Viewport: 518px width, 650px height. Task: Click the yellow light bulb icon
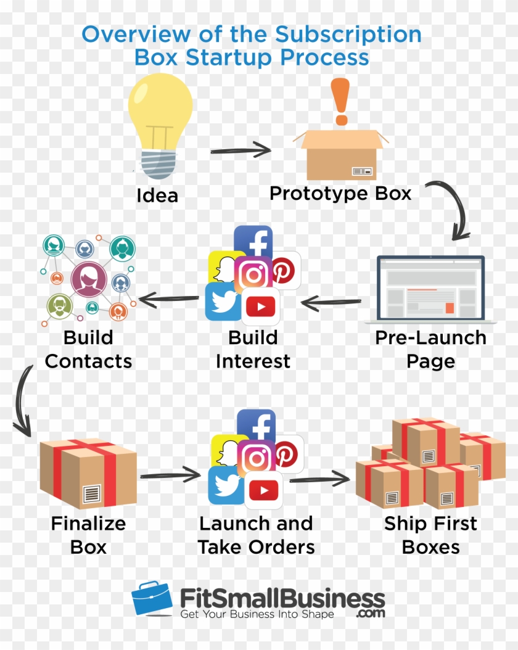pos(160,123)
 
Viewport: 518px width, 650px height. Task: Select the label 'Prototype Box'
pos(340,193)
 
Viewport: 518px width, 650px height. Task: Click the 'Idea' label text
pos(157,195)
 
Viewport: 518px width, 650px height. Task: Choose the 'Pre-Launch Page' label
pos(430,349)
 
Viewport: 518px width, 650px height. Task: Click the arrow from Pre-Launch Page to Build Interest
pos(331,302)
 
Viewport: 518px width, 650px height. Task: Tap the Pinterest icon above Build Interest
pos(285,270)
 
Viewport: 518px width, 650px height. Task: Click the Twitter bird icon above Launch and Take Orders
pos(226,485)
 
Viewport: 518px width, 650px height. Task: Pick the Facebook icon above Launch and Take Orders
pos(257,426)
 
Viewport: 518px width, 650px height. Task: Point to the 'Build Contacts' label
pos(89,349)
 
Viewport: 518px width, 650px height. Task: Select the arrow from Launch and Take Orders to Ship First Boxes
pos(319,478)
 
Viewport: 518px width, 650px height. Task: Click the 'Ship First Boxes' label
pos(430,535)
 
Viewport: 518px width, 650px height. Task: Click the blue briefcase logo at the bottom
pos(152,599)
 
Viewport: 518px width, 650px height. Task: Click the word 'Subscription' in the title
pos(348,34)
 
